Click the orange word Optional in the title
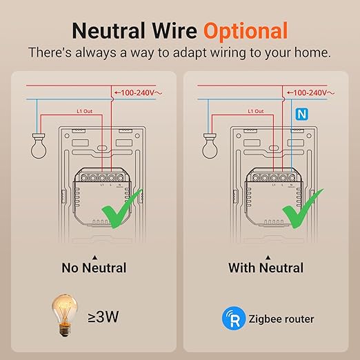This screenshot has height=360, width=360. (245, 30)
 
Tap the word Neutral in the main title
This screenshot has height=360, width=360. (114, 30)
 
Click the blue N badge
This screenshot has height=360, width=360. (301, 114)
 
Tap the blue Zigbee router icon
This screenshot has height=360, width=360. (232, 319)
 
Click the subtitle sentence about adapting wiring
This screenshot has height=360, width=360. (179, 53)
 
